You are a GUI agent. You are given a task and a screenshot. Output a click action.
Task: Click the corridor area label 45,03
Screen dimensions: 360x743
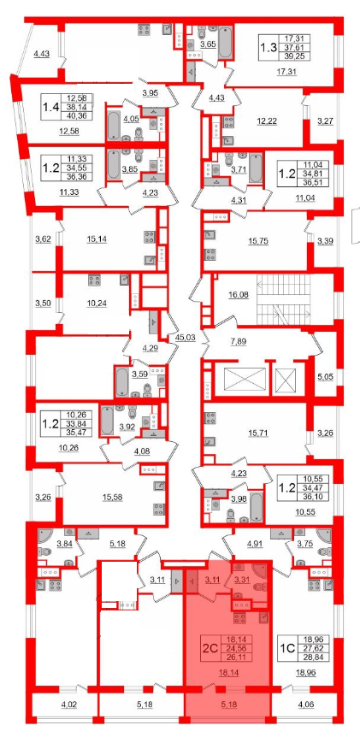pos(183,338)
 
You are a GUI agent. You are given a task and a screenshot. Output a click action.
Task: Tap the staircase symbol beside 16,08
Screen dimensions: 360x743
pos(283,298)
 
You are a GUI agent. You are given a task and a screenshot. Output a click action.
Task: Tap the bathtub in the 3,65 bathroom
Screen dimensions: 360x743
pos(226,42)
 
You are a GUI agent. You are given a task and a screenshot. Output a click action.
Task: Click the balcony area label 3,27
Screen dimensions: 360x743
pos(325,121)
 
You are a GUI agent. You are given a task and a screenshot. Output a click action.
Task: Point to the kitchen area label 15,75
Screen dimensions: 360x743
pos(258,240)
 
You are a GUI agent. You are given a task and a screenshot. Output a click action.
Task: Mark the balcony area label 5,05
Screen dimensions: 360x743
pos(325,378)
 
